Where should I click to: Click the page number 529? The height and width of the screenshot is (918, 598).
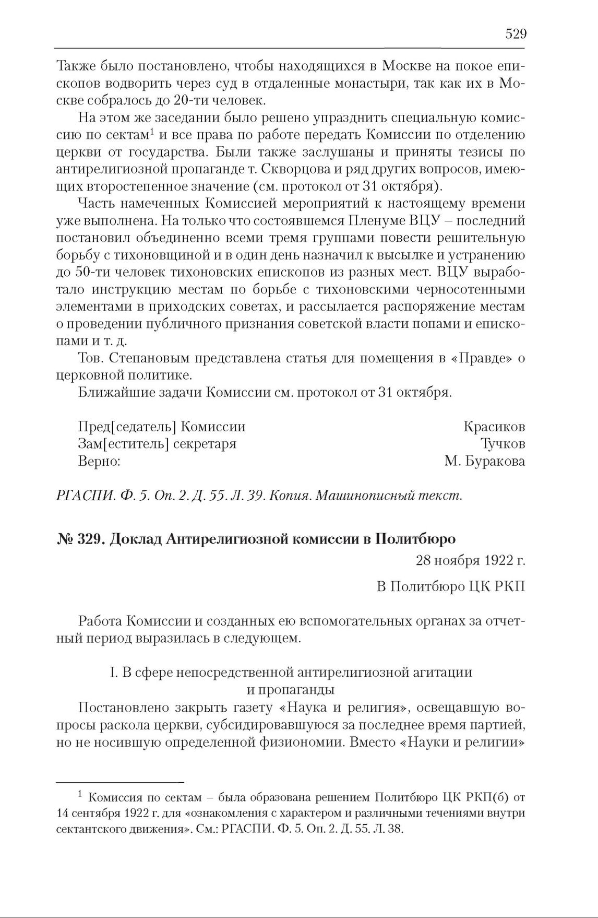516,34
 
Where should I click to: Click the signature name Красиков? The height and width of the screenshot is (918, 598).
494,427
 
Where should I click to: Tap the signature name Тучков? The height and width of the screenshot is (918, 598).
502,444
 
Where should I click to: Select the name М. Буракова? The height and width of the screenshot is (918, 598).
485,461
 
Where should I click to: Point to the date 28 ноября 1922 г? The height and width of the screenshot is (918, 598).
470,560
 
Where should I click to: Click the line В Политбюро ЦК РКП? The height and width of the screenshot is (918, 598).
451,586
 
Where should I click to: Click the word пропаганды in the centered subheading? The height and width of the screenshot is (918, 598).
290,689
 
